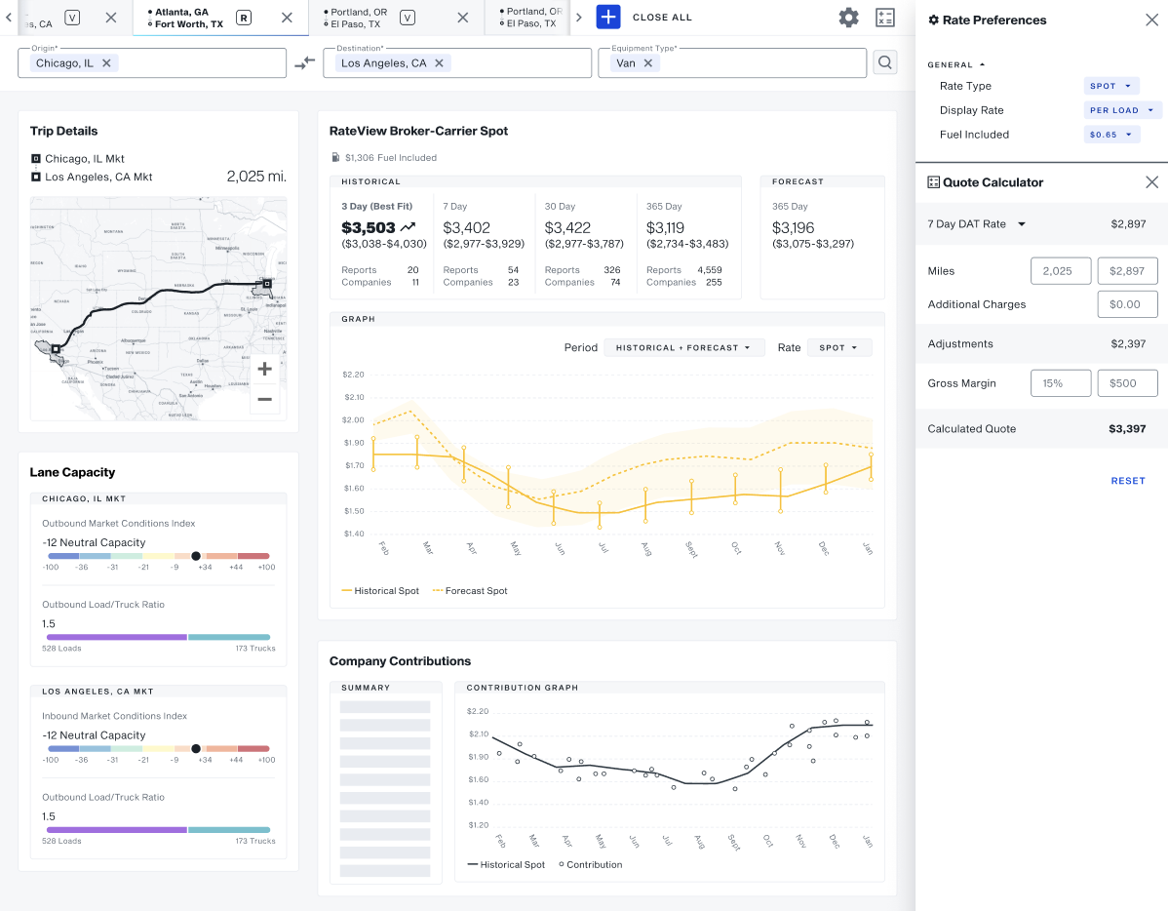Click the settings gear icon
tap(848, 18)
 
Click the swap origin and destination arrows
tap(305, 63)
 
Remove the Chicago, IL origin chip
tap(107, 63)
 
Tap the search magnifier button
tap(884, 63)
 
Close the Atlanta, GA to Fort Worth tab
tap(287, 18)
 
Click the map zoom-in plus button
tap(264, 369)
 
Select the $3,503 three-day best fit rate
tap(369, 227)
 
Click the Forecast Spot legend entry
tap(470, 591)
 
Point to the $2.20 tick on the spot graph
tap(353, 375)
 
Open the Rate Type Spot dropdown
tap(1111, 86)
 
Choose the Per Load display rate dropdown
tap(1123, 110)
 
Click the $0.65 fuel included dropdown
tap(1111, 135)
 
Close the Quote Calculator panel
tap(1151, 182)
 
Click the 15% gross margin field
tap(1061, 383)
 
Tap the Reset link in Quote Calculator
tap(1128, 481)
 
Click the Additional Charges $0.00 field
tap(1127, 304)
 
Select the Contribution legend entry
tap(591, 865)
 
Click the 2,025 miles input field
tap(1061, 271)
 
